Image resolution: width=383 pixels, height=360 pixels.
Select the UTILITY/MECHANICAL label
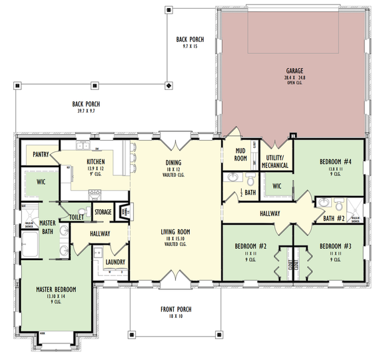coord(274,161)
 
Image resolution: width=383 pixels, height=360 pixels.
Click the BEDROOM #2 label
coord(250,246)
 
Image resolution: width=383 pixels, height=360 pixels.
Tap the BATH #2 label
coord(333,218)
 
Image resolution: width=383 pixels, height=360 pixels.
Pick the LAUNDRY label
coord(116,262)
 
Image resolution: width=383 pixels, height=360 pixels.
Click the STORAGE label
coord(103,212)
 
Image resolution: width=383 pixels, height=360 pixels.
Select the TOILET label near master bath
coord(76,217)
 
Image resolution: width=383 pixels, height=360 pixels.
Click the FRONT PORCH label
coord(177,309)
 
